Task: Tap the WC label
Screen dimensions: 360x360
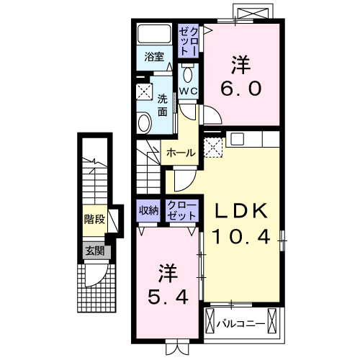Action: (x=187, y=91)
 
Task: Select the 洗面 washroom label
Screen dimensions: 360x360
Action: (x=163, y=105)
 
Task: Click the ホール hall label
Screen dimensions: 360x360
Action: (x=179, y=153)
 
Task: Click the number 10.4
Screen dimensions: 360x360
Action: (x=243, y=236)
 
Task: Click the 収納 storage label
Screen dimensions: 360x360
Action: (x=149, y=211)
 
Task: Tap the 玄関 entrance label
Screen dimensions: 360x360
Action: (x=94, y=251)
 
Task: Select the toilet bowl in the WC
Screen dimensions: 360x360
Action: (x=187, y=74)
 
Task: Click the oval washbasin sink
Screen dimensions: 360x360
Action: (x=143, y=122)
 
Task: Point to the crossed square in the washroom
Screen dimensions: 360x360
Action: (x=144, y=92)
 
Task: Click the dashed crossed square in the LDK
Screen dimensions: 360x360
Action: (x=214, y=147)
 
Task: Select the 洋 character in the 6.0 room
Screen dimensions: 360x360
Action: (x=241, y=64)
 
